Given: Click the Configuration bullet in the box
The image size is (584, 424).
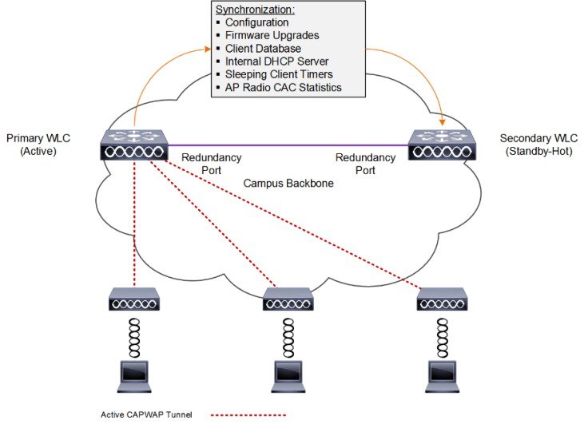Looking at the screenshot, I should click(x=256, y=23).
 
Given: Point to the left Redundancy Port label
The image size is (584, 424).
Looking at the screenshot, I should click(x=206, y=164).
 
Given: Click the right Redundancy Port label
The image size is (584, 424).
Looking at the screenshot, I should click(x=365, y=164).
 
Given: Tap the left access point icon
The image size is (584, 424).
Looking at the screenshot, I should click(x=134, y=301).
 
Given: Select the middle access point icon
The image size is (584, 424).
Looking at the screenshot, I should click(x=288, y=301).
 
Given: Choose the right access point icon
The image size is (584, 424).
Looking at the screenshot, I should click(x=441, y=301).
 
